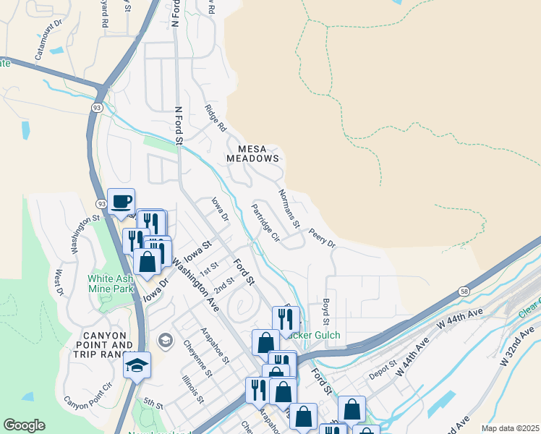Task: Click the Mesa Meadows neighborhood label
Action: [x=252, y=153]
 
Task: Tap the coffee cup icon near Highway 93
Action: [x=121, y=200]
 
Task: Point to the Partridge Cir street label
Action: [x=265, y=222]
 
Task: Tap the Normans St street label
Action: [x=289, y=209]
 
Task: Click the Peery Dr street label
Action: [x=322, y=239]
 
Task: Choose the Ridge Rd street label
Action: [x=216, y=118]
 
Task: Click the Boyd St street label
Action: [x=327, y=312]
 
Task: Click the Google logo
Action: [x=24, y=425]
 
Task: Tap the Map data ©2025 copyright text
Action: [x=509, y=428]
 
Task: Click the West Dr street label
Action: [x=60, y=282]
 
